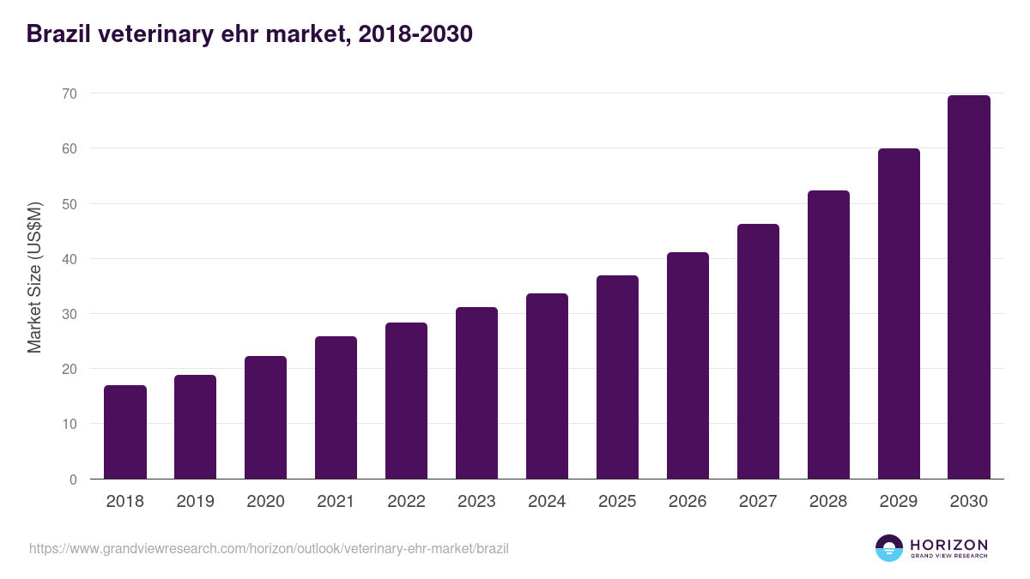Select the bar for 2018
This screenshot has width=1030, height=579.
tap(125, 432)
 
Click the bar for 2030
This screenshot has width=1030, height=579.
tap(969, 287)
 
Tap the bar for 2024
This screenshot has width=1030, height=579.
tap(547, 386)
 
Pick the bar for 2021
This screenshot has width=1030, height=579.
tap(336, 407)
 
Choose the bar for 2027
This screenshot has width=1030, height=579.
tap(758, 352)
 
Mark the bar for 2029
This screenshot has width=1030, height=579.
tap(899, 314)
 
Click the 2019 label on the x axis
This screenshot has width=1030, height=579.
tap(196, 502)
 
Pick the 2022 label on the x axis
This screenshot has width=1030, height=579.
tap(406, 502)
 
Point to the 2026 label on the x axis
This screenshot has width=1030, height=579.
tap(688, 502)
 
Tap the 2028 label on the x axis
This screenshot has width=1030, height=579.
tap(828, 502)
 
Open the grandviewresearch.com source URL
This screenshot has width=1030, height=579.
tap(269, 548)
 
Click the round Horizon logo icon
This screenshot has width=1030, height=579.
tap(889, 548)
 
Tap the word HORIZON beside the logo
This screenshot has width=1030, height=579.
tap(948, 545)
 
